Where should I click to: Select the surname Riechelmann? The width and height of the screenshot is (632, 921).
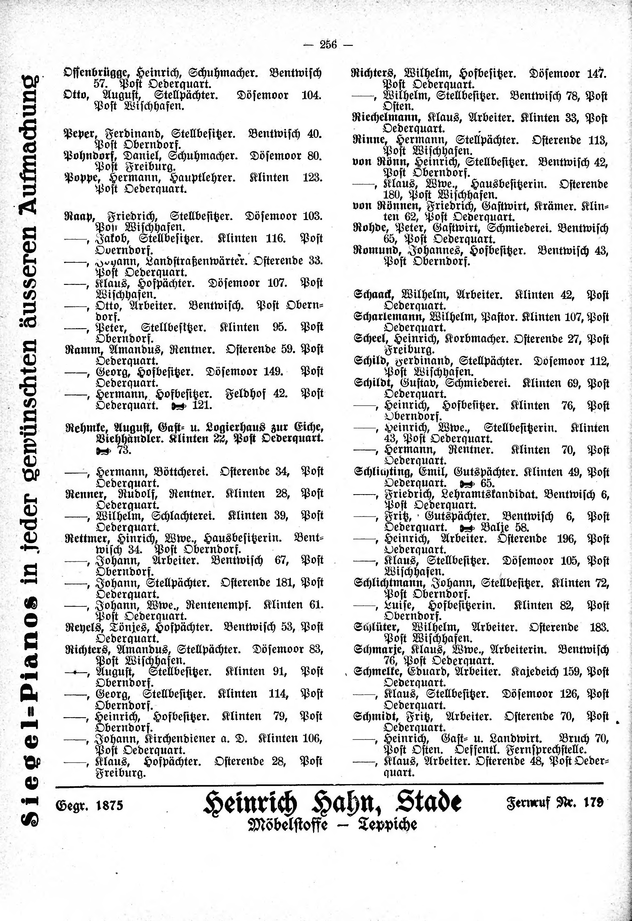point(381,118)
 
